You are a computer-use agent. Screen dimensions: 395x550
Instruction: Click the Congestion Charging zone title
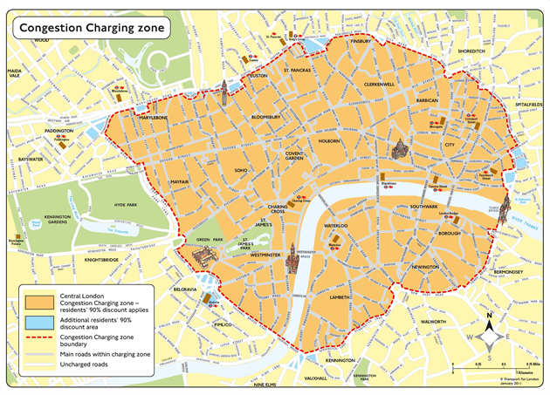click(x=91, y=27)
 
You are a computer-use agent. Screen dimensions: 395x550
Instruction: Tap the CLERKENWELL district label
click(x=380, y=84)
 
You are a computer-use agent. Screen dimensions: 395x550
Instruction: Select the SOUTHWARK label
click(x=423, y=207)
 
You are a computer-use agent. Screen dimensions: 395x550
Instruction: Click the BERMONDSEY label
click(x=507, y=273)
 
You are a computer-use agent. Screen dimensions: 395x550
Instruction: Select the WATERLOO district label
click(x=337, y=226)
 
